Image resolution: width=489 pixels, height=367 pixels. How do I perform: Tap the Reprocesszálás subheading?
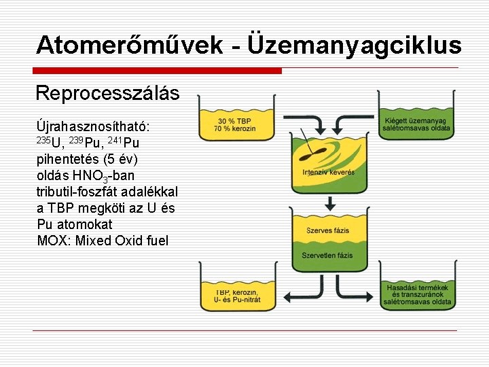[107, 92]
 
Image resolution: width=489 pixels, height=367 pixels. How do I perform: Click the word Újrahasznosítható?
[93, 126]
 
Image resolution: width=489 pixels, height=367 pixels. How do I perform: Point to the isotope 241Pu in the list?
[124, 143]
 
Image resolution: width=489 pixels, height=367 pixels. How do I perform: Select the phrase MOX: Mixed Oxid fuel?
[103, 241]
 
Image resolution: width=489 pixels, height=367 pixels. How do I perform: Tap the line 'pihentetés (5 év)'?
[87, 160]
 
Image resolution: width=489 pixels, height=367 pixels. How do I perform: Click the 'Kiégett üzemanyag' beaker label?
[417, 120]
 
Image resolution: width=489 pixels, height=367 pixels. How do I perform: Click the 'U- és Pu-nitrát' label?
[228, 299]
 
